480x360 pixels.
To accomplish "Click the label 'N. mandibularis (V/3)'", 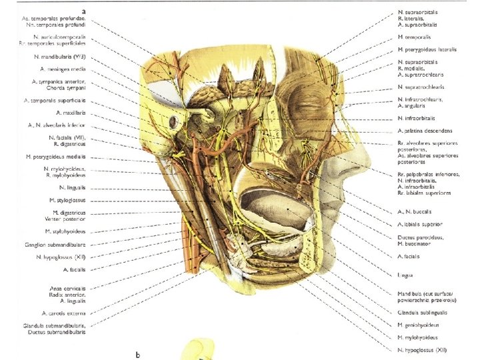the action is (x=61, y=57).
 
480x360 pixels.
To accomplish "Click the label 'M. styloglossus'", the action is (x=68, y=200).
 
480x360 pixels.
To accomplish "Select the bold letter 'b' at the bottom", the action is (x=138, y=354).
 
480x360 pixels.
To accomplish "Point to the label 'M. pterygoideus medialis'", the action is (x=61, y=156).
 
